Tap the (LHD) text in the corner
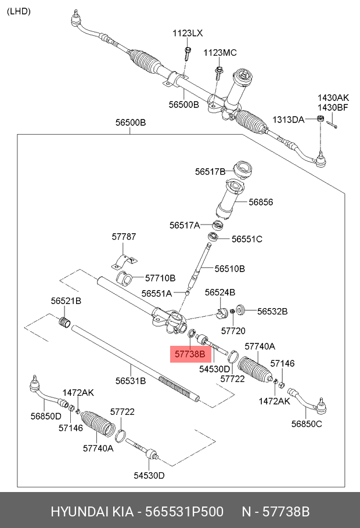point(19,11)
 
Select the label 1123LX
point(188,34)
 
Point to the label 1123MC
point(220,53)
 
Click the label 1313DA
point(289,120)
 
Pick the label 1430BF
point(333,107)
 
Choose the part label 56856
point(261,202)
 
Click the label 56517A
point(185,225)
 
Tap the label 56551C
point(247,238)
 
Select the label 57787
point(124,237)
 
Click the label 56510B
point(229,269)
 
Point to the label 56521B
point(66,301)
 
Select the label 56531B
point(131,381)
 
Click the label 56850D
point(45,416)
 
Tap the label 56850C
point(307,424)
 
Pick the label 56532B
point(272,311)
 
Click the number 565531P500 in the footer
point(184,512)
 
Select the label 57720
point(235,330)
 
